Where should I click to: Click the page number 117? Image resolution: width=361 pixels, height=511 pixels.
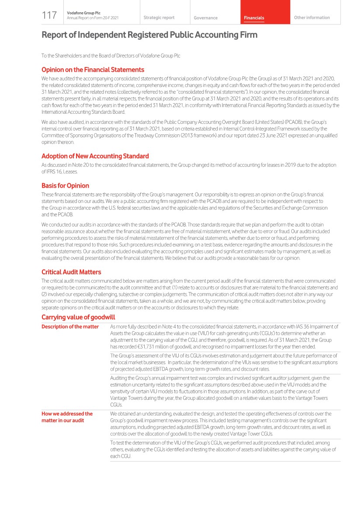pyautogui.click(x=49, y=16)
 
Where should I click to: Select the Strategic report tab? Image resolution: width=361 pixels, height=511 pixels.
pyautogui.click(x=159, y=17)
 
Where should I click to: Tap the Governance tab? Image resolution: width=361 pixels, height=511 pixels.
pyautogui.click(x=205, y=18)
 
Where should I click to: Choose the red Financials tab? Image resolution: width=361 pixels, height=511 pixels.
pyautogui.click(x=254, y=18)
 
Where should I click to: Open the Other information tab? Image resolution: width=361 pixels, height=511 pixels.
pyautogui.click(x=312, y=17)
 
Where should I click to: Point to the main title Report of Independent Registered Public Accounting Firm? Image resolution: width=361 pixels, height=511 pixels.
pyautogui.click(x=149, y=35)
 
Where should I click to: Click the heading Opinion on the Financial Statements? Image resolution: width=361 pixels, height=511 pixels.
pyautogui.click(x=93, y=70)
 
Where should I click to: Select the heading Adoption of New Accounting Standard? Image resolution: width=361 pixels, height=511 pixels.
pyautogui.click(x=95, y=156)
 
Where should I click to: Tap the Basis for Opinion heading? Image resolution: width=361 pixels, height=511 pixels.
pyautogui.click(x=65, y=185)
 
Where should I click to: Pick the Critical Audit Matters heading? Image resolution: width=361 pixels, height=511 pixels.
pyautogui.click(x=71, y=272)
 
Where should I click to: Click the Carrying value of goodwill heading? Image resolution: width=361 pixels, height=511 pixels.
pyautogui.click(x=78, y=317)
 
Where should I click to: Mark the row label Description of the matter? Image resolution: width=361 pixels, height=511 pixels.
pyautogui.click(x=70, y=327)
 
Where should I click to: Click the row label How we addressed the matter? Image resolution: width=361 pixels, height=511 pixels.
pyautogui.click(x=67, y=417)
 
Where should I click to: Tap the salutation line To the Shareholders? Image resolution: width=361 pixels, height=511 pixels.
pyautogui.click(x=111, y=56)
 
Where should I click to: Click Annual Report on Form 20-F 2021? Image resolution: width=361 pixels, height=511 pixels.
pyautogui.click(x=92, y=18)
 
